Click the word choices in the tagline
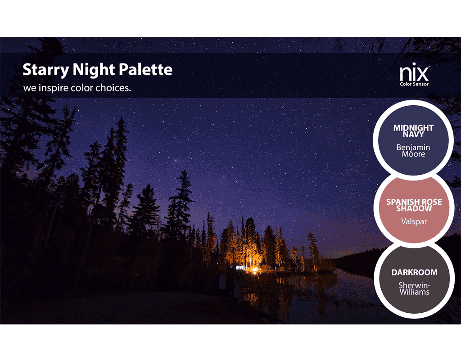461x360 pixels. (x=113, y=88)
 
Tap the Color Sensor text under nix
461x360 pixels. (x=414, y=84)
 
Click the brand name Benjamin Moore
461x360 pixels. (x=413, y=150)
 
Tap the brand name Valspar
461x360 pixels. (x=414, y=221)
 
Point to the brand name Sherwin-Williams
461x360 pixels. (x=414, y=288)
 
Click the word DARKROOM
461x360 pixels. (x=414, y=273)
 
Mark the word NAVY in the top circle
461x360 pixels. (x=413, y=134)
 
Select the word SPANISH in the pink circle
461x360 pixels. (x=401, y=202)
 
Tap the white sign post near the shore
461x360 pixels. (x=222, y=282)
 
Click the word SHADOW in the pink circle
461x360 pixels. (x=414, y=209)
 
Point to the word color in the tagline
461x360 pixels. (x=82, y=88)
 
